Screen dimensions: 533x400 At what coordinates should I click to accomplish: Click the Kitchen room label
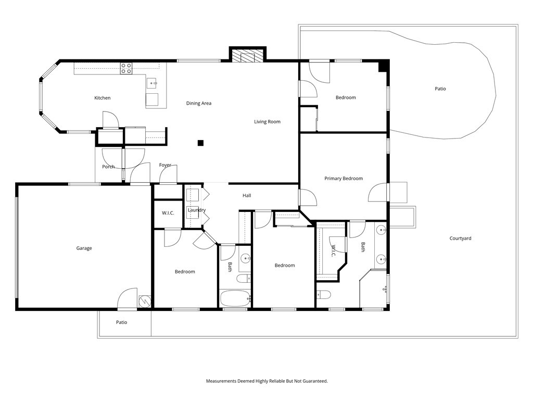(103, 98)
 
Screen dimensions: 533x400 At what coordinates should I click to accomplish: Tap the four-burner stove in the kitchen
(126, 68)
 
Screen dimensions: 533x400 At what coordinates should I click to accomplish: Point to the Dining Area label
(199, 104)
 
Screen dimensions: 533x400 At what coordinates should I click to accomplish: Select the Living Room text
(267, 122)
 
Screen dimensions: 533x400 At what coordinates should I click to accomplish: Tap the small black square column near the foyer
(200, 143)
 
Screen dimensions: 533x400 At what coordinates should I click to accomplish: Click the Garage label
(84, 248)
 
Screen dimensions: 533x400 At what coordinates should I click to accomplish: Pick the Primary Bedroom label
(344, 179)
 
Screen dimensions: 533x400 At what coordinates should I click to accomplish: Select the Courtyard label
(460, 239)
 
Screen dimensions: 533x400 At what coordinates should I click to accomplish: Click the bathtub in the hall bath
(235, 298)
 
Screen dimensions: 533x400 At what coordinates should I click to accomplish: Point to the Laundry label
(197, 210)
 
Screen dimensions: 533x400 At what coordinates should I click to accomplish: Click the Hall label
(247, 196)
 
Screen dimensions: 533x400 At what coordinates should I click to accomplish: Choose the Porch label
(108, 167)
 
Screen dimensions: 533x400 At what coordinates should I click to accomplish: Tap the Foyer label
(165, 165)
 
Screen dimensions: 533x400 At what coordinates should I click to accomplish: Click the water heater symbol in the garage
(145, 301)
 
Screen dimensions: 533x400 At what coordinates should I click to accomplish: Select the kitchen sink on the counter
(152, 83)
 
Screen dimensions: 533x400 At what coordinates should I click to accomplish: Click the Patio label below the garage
(121, 322)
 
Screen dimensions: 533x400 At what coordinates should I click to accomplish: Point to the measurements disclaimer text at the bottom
(267, 381)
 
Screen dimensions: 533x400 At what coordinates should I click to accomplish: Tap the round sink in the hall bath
(246, 259)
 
